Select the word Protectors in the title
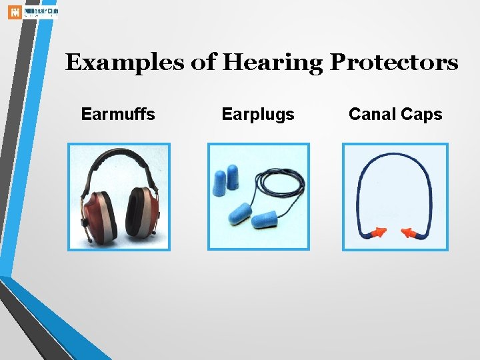tap(394, 63)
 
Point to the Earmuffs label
tap(118, 114)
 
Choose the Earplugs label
tap(257, 115)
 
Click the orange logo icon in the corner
tap(14, 11)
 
